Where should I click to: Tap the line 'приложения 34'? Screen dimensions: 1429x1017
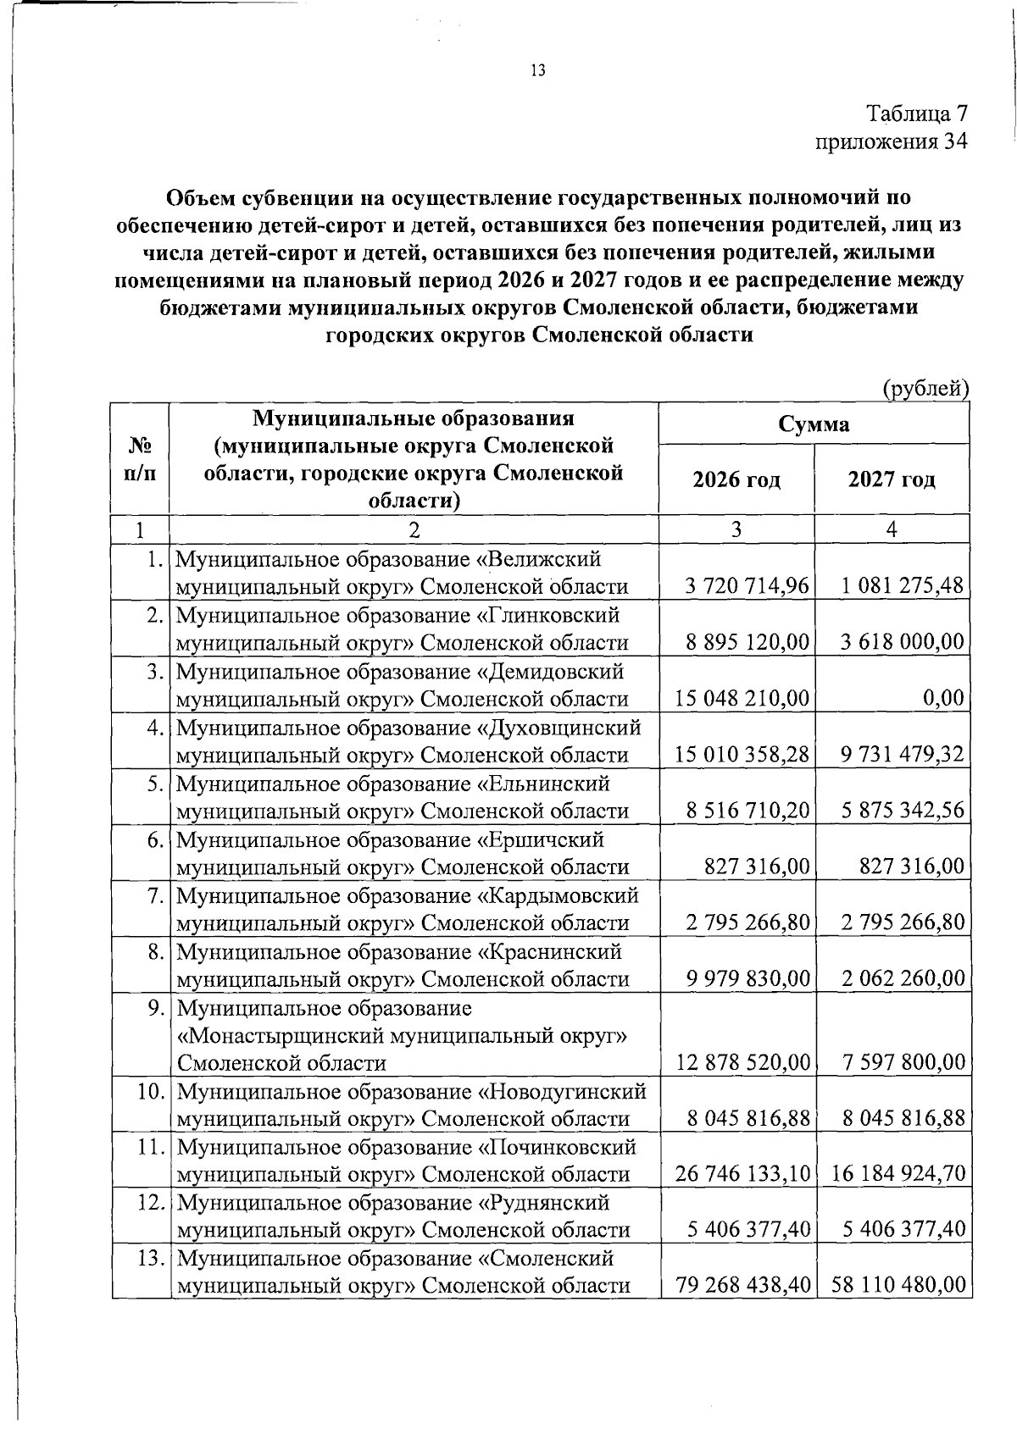pos(890,141)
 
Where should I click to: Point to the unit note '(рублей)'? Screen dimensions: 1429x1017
pos(925,388)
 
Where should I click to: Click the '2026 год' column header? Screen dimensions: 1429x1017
pos(736,480)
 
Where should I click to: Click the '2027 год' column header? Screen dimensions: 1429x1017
pos(892,480)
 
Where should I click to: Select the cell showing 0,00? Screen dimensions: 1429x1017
pos(944,698)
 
